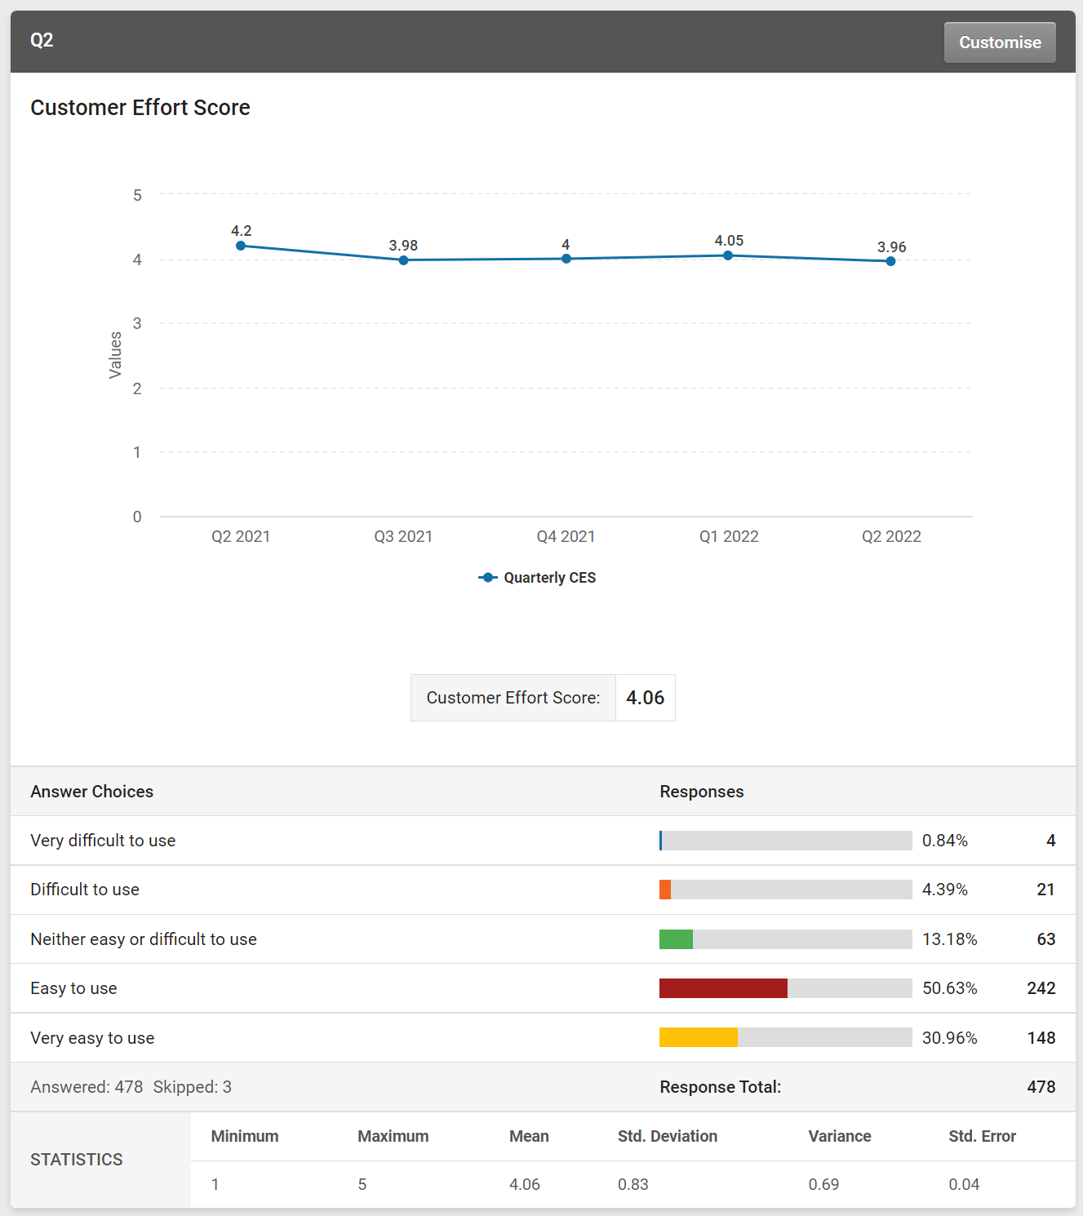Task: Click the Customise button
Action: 999,42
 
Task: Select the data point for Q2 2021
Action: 241,246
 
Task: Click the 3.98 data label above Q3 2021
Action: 403,246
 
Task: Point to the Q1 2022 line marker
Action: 728,255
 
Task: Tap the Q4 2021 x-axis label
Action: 566,536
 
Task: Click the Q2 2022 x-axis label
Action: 891,536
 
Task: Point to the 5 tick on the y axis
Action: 137,195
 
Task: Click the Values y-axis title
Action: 115,355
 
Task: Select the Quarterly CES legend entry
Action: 538,578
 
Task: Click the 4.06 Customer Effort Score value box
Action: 645,698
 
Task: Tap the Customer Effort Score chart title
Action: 140,108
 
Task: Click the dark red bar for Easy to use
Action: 723,988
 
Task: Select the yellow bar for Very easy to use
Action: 698,1037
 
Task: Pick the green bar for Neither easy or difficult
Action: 676,939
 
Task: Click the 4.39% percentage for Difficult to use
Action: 944,890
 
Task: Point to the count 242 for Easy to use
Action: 1041,988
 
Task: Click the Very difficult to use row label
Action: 103,841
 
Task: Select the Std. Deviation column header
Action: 667,1136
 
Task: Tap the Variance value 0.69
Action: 823,1184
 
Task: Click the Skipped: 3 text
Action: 192,1087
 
